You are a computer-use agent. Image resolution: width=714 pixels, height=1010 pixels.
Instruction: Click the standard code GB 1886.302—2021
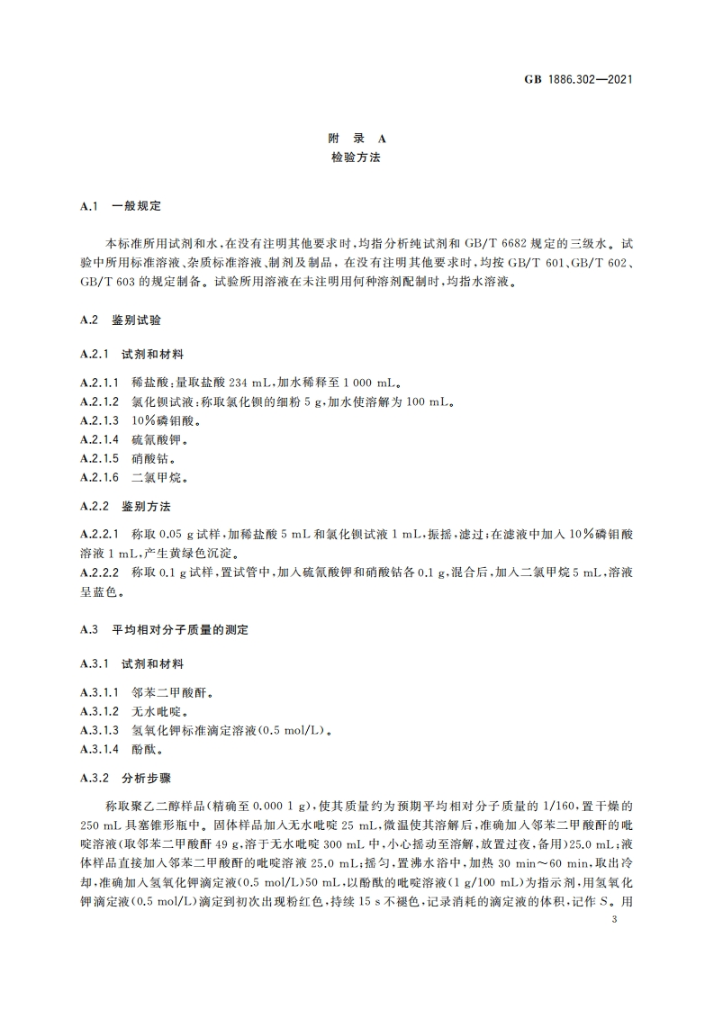coord(579,79)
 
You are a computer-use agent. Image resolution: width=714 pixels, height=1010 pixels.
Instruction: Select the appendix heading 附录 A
coord(357,140)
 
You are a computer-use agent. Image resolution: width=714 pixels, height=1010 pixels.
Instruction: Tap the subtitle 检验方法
coord(357,158)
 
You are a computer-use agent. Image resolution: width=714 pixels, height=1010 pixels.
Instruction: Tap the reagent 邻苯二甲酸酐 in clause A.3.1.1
coord(167,695)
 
